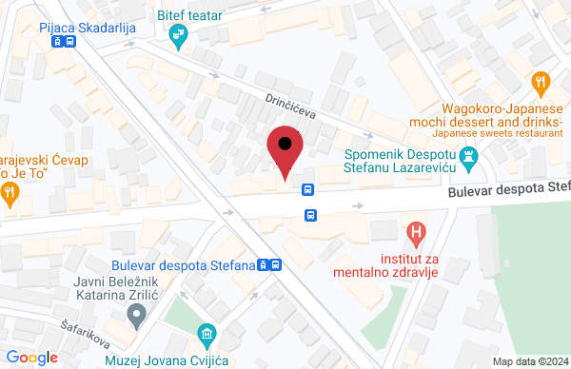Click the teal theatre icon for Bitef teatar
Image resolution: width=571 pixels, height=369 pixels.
coord(177,35)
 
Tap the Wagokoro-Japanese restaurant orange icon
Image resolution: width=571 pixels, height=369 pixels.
coord(541,83)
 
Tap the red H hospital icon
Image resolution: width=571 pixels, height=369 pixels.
coord(415,230)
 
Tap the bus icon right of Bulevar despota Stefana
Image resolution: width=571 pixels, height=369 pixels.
coord(274,265)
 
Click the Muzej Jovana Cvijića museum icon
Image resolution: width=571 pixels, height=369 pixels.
coord(206,334)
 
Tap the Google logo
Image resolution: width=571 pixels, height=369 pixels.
coord(32,357)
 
